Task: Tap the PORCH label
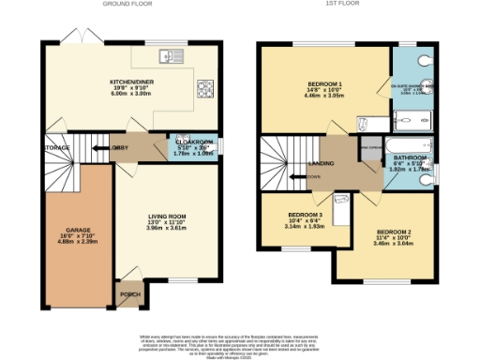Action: point(130,293)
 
